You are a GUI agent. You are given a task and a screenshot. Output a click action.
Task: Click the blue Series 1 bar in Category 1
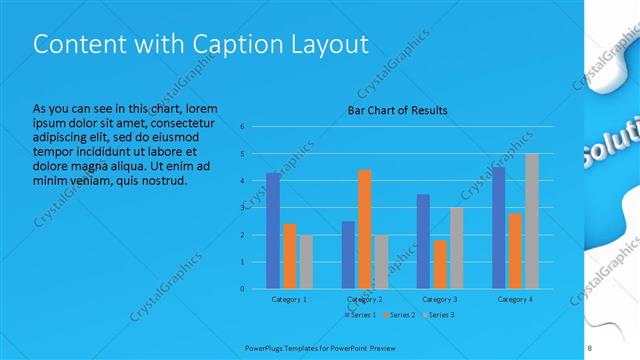coord(273,231)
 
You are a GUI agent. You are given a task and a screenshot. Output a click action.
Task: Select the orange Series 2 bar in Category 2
coord(364,229)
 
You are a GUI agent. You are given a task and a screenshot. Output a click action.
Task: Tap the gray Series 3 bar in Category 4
coord(531,221)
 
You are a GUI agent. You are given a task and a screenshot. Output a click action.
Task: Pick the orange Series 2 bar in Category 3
coord(440,264)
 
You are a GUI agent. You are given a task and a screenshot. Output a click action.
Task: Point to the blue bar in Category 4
coord(498,228)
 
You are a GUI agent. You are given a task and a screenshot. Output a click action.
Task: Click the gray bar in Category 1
coord(305,262)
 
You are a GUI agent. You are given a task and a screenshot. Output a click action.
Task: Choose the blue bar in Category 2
coord(348,255)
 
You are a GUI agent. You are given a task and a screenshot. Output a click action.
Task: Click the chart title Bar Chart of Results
coord(397,110)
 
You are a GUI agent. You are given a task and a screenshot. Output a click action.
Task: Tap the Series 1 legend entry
coord(360,315)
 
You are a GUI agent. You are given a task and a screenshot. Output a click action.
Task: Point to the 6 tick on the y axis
coord(242,127)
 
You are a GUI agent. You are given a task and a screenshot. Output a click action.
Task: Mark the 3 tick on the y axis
coord(242,208)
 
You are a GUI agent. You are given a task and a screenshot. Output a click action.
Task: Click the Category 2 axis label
coord(365,299)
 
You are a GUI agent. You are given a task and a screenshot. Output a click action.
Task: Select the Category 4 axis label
coord(515,299)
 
